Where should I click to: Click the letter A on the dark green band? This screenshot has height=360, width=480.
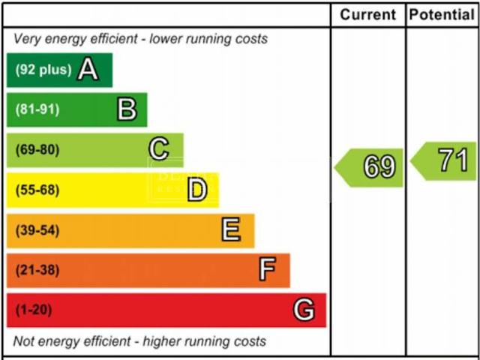click(x=88, y=70)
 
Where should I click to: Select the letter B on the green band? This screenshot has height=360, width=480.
click(x=127, y=110)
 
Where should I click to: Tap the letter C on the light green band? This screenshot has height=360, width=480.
click(x=158, y=150)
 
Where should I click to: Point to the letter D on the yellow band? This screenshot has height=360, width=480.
click(x=196, y=190)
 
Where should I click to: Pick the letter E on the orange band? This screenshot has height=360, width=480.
click(x=231, y=229)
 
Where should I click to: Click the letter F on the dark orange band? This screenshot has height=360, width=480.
click(x=267, y=269)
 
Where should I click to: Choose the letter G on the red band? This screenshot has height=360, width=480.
click(x=304, y=309)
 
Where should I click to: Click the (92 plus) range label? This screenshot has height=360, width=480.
click(x=43, y=70)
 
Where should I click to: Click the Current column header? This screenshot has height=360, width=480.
click(x=367, y=14)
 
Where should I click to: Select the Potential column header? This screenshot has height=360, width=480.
click(x=442, y=14)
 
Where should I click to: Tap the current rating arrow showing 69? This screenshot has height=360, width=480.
click(x=370, y=166)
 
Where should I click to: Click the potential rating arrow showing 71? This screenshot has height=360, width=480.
click(x=445, y=160)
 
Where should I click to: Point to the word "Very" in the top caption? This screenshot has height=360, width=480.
click(x=27, y=39)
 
